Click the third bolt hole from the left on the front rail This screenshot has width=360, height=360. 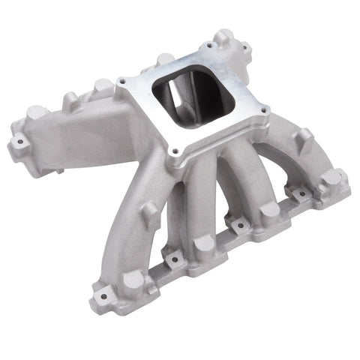[x=238, y=223]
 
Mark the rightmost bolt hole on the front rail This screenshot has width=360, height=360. [x=299, y=193]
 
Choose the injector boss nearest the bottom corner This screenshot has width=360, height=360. [x=133, y=280]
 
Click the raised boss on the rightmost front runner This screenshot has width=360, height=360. [x=302, y=139]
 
